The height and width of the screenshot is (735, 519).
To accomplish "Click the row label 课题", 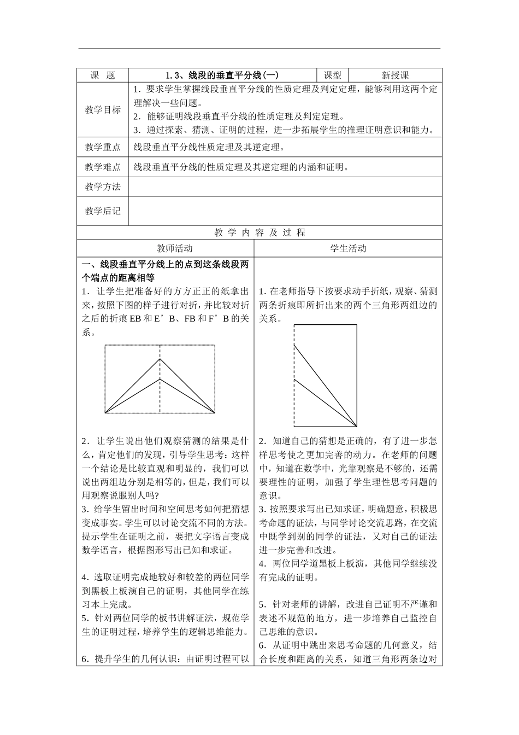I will [103, 75].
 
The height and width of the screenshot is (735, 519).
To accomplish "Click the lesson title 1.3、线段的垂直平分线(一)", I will [222, 75].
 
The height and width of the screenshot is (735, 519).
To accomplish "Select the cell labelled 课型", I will [332, 75].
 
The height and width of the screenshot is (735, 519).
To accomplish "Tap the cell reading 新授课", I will [395, 75].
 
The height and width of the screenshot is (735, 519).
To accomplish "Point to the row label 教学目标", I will [103, 110].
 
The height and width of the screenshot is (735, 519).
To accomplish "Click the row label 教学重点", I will [103, 147].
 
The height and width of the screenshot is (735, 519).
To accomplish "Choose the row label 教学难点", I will [103, 167].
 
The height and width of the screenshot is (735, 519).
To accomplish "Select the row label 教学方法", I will [103, 186].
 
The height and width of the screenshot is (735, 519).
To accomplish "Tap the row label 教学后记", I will [103, 211].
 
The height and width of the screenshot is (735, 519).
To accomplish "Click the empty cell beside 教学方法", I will [285, 186].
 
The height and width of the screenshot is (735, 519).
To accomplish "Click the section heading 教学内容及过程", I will [259, 232].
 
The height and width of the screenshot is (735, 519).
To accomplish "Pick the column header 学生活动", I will [348, 248].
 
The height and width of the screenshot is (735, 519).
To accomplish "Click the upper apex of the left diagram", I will [160, 359].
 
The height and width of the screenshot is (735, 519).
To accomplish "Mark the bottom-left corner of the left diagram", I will [105, 413].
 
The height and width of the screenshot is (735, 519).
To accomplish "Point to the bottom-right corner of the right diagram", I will [357, 426].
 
